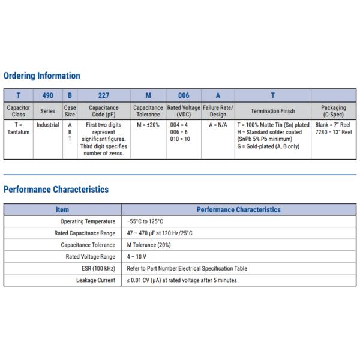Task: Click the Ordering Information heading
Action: tap(41, 76)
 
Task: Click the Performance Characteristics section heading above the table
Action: tap(56, 190)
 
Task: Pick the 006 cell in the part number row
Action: tap(184, 95)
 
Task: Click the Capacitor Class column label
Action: tap(18, 111)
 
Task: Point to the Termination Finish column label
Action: tap(273, 111)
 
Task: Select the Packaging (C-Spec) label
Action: tap(334, 111)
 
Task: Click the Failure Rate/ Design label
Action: tap(218, 111)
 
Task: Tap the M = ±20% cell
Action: tap(148, 125)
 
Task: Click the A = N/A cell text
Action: tap(218, 125)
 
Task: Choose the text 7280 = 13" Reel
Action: tap(334, 132)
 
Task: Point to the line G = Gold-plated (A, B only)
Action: tap(268, 146)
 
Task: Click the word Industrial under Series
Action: tap(47, 125)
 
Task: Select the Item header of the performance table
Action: tap(62, 210)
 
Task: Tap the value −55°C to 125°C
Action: tap(145, 221)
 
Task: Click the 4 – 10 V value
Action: tap(136, 257)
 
